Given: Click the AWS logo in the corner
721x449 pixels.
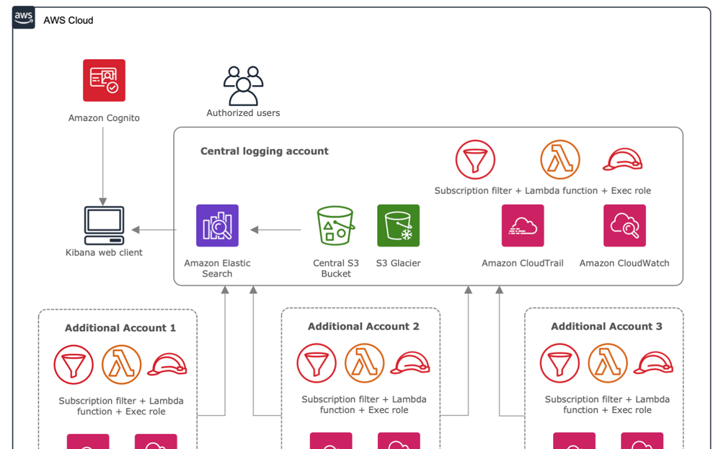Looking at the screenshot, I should pyautogui.click(x=24, y=18).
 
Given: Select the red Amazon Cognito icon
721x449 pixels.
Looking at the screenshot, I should pyautogui.click(x=104, y=80).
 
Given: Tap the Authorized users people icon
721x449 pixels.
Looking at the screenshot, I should pyautogui.click(x=243, y=86).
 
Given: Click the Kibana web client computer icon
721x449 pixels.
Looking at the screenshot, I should pyautogui.click(x=104, y=226).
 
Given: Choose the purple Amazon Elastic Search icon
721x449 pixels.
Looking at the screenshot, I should pyautogui.click(x=217, y=226).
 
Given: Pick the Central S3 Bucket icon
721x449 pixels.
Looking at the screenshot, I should pyautogui.click(x=335, y=226).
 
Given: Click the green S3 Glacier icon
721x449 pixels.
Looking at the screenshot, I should pyautogui.click(x=398, y=226).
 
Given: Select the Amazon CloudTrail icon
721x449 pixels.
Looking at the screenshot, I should pyautogui.click(x=523, y=226).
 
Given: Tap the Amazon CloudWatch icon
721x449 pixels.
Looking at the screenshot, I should pyautogui.click(x=624, y=226).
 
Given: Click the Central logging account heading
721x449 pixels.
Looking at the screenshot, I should pyautogui.click(x=264, y=151).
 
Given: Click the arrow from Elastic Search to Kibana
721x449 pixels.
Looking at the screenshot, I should pyautogui.click(x=154, y=230).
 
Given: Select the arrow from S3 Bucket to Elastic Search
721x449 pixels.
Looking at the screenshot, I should pyautogui.click(x=275, y=230).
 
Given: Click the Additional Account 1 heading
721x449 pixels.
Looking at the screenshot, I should pyautogui.click(x=120, y=328).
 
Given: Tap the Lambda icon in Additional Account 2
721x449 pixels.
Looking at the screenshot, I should pyautogui.click(x=364, y=363).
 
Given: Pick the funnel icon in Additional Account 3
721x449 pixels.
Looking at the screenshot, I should pyautogui.click(x=559, y=363).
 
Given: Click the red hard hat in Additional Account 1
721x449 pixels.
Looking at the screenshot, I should pyautogui.click(x=167, y=365).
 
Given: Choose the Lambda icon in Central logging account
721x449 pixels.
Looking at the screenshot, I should pyautogui.click(x=560, y=159).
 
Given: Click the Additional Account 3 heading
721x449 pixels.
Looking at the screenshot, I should pyautogui.click(x=606, y=326).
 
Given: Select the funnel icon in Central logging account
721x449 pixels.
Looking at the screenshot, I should pyautogui.click(x=475, y=159).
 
